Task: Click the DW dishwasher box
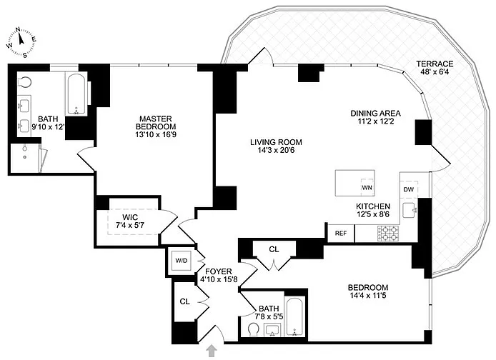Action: point(408,189)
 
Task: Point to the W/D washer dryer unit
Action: point(180,261)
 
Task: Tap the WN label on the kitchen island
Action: point(367,188)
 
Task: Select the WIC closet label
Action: point(129,216)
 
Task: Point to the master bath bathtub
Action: point(78,94)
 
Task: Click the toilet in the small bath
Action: point(254,329)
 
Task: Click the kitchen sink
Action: point(410,210)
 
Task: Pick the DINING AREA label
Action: point(375,113)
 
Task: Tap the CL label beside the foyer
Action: point(184,301)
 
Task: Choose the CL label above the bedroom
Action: point(274,249)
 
